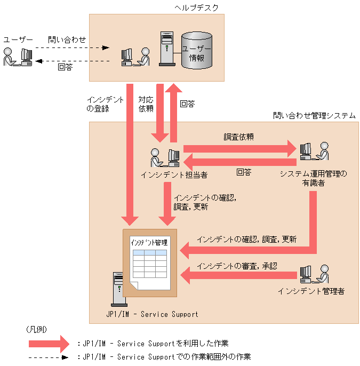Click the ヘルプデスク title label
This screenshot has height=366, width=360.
coord(196,7)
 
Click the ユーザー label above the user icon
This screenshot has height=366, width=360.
coord(18,40)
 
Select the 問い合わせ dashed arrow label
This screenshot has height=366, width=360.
coord(67,39)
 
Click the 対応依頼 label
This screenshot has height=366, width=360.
coord(146,104)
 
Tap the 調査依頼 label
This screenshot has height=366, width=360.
coord(238,137)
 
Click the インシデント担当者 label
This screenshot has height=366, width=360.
coord(174,174)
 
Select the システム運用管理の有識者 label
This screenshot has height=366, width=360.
coord(314,178)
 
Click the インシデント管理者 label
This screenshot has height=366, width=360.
coord(311,291)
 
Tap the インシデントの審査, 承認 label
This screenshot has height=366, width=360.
coord(237,266)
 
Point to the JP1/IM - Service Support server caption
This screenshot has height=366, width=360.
coord(151,314)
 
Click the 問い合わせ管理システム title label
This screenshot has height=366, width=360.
coord(314,115)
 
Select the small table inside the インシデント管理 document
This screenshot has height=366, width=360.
coord(150,261)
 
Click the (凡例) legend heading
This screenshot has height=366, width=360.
coord(36,330)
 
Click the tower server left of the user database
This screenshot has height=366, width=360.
coord(167,50)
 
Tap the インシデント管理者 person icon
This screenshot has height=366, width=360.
coord(313,274)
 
